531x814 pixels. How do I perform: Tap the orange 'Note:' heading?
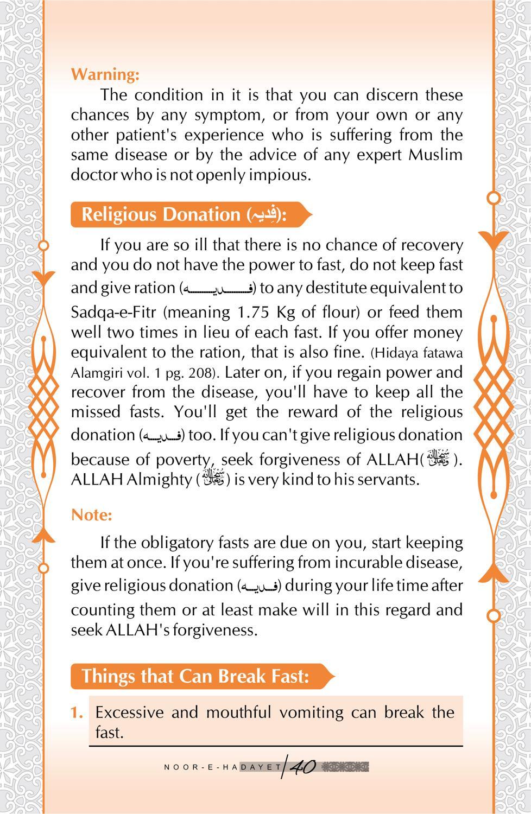91,514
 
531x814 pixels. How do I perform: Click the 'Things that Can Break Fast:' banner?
195,676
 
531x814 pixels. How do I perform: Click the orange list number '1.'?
77,712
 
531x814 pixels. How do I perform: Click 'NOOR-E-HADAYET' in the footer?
223,767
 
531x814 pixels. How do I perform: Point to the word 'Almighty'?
159,480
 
